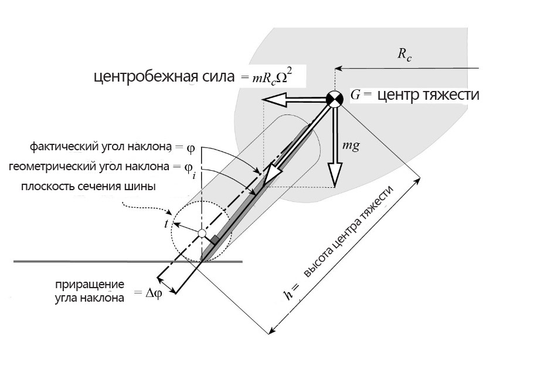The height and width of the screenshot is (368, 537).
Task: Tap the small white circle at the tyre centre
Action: point(202,234)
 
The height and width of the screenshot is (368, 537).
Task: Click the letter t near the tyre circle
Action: point(166,224)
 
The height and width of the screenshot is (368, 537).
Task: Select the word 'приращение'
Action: point(90,285)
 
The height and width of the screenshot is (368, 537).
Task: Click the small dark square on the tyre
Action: point(215,241)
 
